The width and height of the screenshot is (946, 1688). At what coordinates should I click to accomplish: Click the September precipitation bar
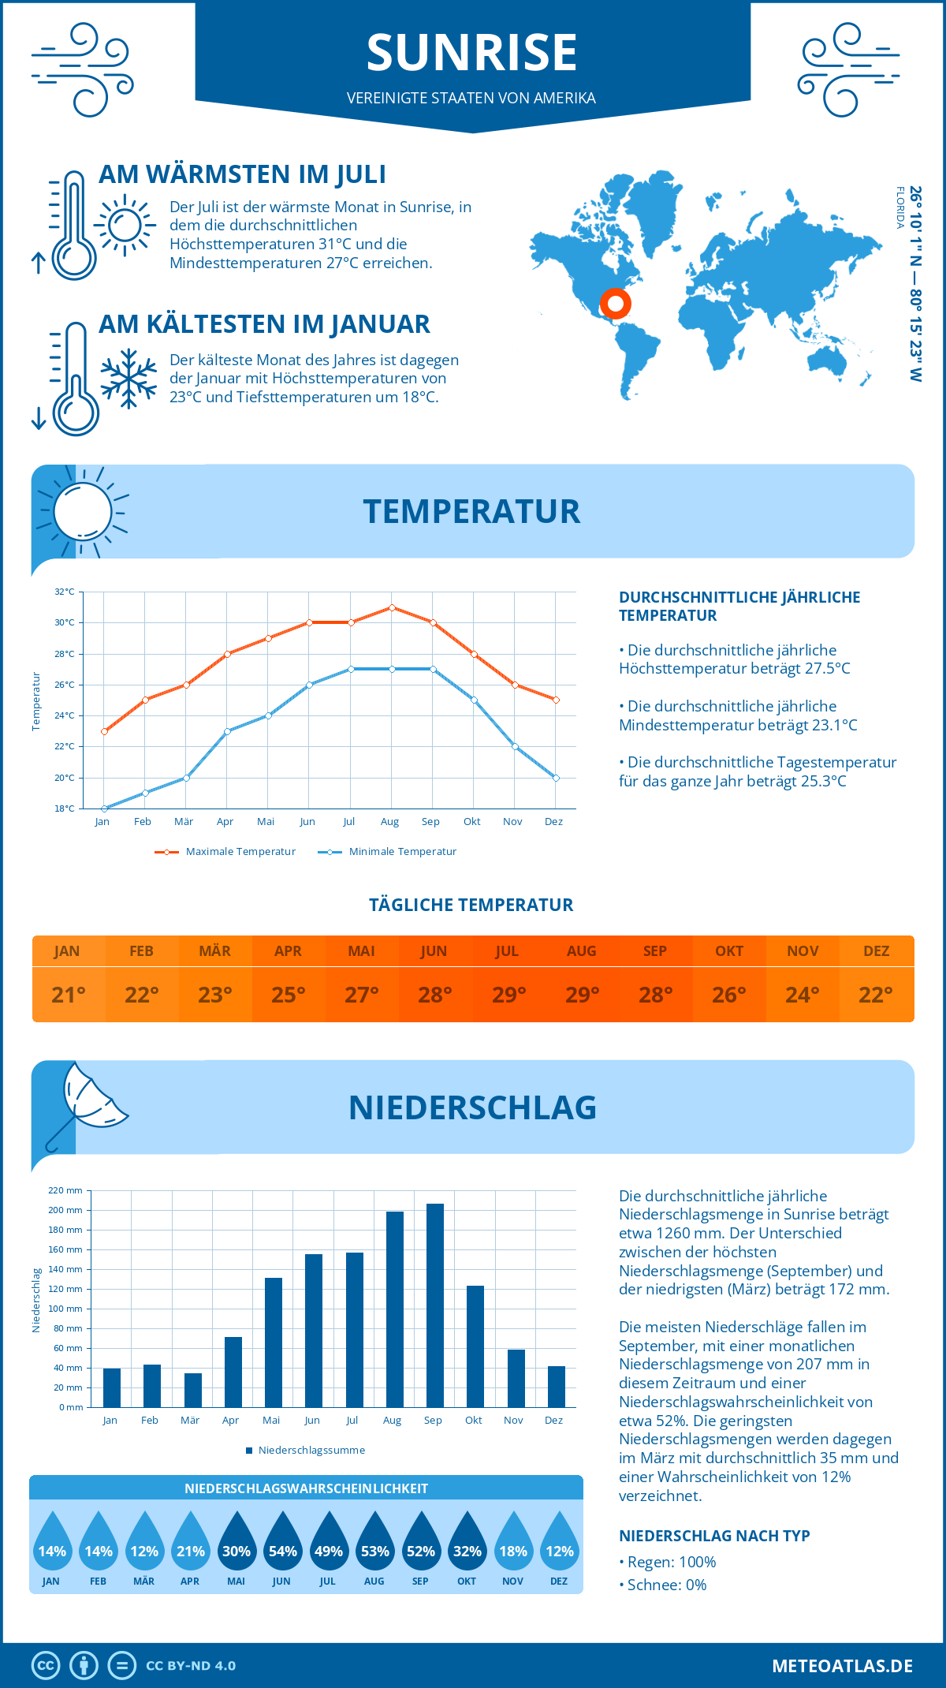(x=435, y=1305)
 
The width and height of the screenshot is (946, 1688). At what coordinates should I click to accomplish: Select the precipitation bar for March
(x=193, y=1390)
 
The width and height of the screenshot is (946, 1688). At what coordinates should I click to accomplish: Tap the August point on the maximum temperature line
(x=392, y=607)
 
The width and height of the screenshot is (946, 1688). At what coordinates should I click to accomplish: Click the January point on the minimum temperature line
(x=104, y=809)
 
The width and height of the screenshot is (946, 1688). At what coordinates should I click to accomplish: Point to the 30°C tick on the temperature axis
(x=65, y=622)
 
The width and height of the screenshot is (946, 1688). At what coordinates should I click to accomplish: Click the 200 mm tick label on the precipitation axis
(x=65, y=1210)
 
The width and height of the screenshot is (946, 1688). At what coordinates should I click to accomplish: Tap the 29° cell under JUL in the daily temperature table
(x=508, y=995)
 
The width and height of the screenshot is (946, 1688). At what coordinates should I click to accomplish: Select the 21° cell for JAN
(x=69, y=995)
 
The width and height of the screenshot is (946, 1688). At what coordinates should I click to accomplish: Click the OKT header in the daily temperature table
(x=728, y=950)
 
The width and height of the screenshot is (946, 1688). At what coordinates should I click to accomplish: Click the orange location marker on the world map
(x=615, y=303)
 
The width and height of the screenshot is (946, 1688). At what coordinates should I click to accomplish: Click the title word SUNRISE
(x=471, y=52)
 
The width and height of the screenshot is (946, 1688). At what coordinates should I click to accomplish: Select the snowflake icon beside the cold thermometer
(x=128, y=379)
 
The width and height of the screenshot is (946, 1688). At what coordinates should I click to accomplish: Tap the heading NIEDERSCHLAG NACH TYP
(x=714, y=1536)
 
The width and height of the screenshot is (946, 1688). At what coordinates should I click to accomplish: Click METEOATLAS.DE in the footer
(x=842, y=1665)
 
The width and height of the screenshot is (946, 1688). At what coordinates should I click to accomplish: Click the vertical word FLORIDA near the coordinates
(x=899, y=207)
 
